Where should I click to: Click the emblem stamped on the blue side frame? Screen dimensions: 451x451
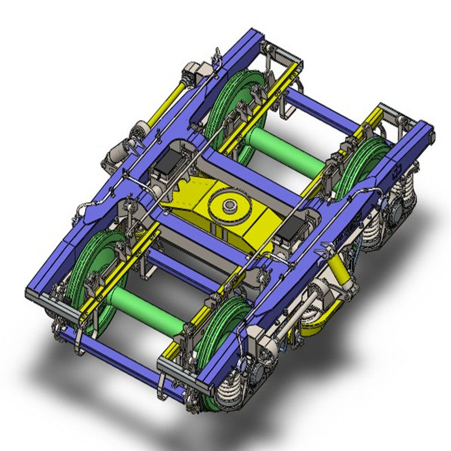[x=399, y=170]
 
